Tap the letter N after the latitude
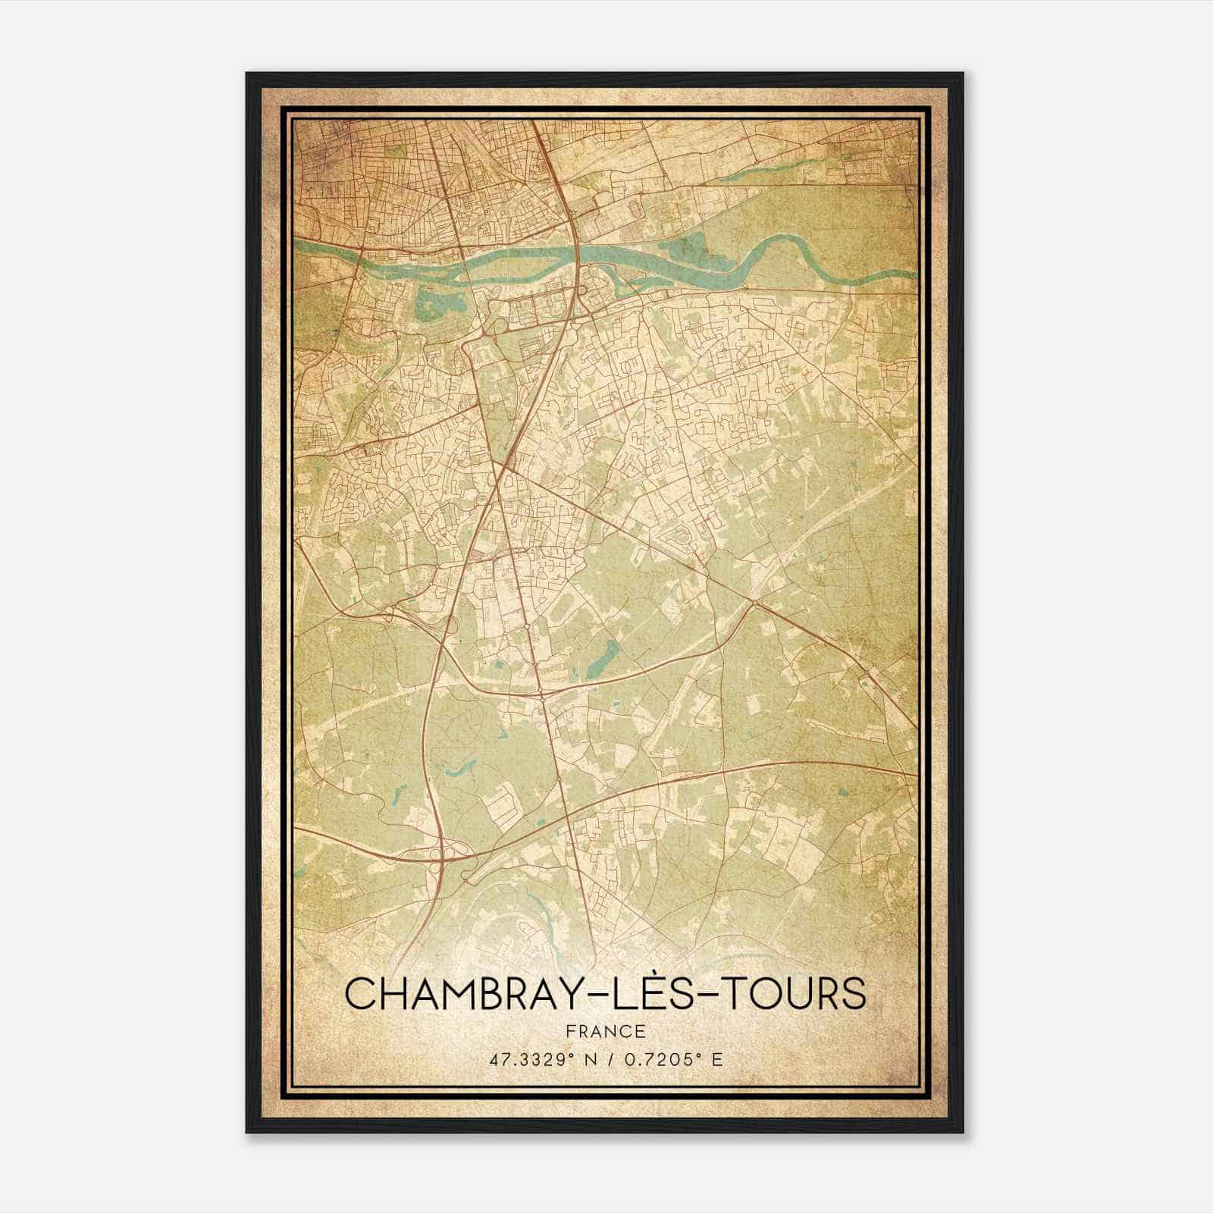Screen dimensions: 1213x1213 pos(586,1059)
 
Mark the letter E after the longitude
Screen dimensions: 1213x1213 pos(717,1059)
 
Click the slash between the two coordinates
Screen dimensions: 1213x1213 pos(608,1059)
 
